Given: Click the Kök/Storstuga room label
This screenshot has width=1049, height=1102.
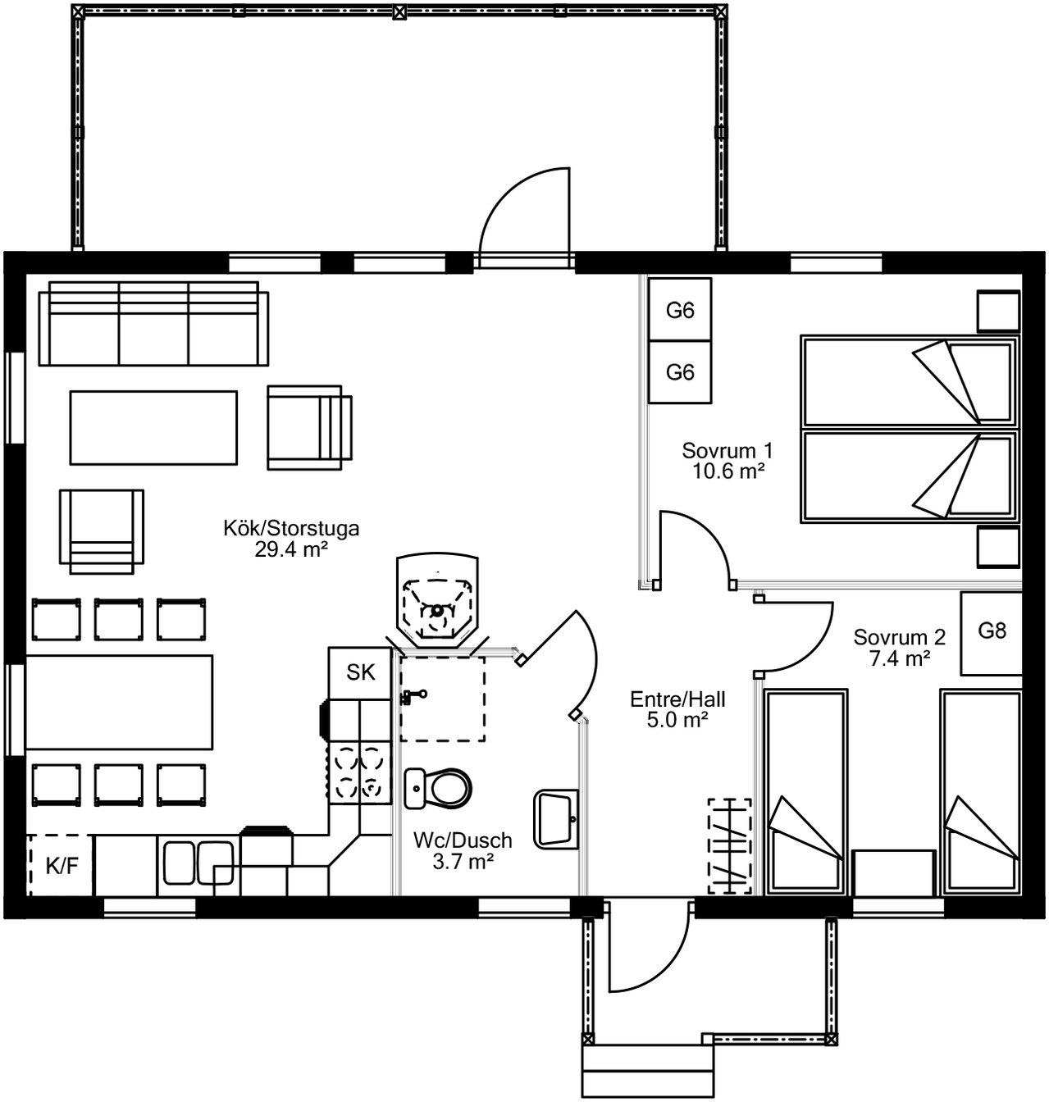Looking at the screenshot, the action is [291, 528].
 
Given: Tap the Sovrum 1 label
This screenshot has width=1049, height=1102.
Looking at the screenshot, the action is [727, 450].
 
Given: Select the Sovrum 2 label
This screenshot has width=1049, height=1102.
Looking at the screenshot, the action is [899, 637].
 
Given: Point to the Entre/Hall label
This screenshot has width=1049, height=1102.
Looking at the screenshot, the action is [677, 699].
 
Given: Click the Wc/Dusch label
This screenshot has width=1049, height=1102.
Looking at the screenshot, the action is [463, 840].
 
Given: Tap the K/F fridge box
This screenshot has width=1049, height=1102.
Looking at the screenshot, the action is [61, 866].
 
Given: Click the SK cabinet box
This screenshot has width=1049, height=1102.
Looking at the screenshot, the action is [360, 673].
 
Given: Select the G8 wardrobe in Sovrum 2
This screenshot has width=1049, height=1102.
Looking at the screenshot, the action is [992, 633].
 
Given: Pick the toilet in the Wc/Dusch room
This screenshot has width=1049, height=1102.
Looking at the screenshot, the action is [438, 789].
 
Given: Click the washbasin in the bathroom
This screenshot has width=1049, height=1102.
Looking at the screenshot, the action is [555, 819].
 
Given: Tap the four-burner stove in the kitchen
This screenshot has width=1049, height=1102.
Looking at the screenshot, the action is [359, 772].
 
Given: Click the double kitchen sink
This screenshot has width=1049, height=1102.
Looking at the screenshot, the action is [198, 863].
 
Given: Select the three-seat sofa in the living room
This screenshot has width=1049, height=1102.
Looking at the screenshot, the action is [153, 324].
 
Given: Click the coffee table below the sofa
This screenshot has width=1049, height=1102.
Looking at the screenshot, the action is [153, 428].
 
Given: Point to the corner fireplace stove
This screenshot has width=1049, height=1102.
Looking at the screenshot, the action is [437, 599].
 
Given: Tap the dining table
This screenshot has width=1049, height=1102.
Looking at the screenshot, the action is [119, 702].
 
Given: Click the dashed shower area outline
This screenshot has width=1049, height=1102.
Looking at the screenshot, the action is [442, 699].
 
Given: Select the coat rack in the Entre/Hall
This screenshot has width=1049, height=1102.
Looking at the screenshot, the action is [729, 846].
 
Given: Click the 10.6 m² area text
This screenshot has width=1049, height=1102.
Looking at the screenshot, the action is [728, 471].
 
